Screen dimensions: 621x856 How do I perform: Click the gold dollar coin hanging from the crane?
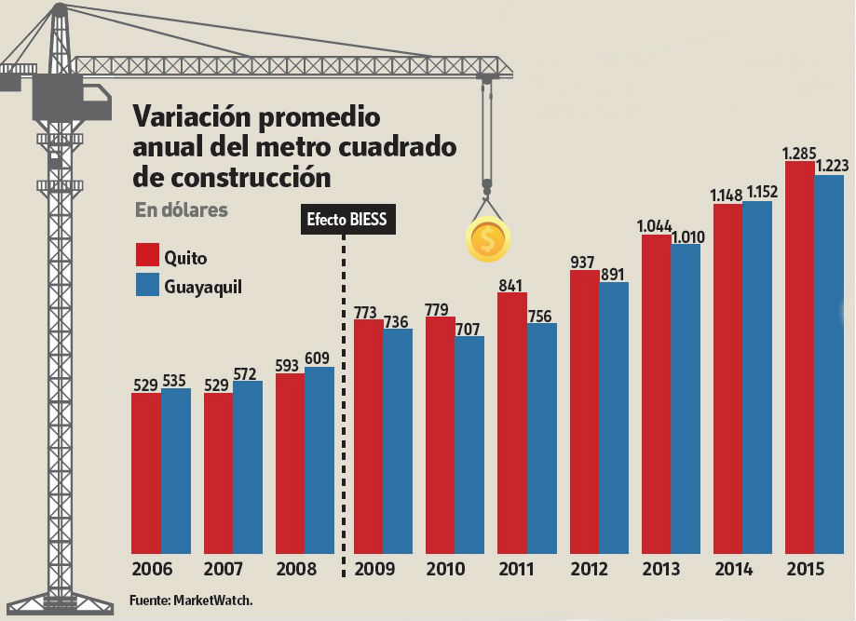(x=487, y=240)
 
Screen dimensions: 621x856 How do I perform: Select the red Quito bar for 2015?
(x=800, y=358)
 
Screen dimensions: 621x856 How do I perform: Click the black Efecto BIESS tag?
(x=346, y=221)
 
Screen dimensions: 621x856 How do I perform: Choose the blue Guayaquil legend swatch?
(x=148, y=285)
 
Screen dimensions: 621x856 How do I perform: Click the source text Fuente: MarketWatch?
(x=191, y=601)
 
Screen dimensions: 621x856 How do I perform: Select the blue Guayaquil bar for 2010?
(x=469, y=445)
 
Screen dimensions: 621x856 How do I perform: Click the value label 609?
(x=318, y=358)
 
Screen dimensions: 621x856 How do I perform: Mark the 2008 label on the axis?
(x=296, y=570)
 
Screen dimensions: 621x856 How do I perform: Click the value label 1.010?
(x=685, y=235)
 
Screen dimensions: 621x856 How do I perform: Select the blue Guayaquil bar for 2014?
(x=757, y=377)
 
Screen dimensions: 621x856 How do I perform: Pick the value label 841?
(x=511, y=285)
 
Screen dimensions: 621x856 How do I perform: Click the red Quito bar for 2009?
(x=368, y=438)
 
